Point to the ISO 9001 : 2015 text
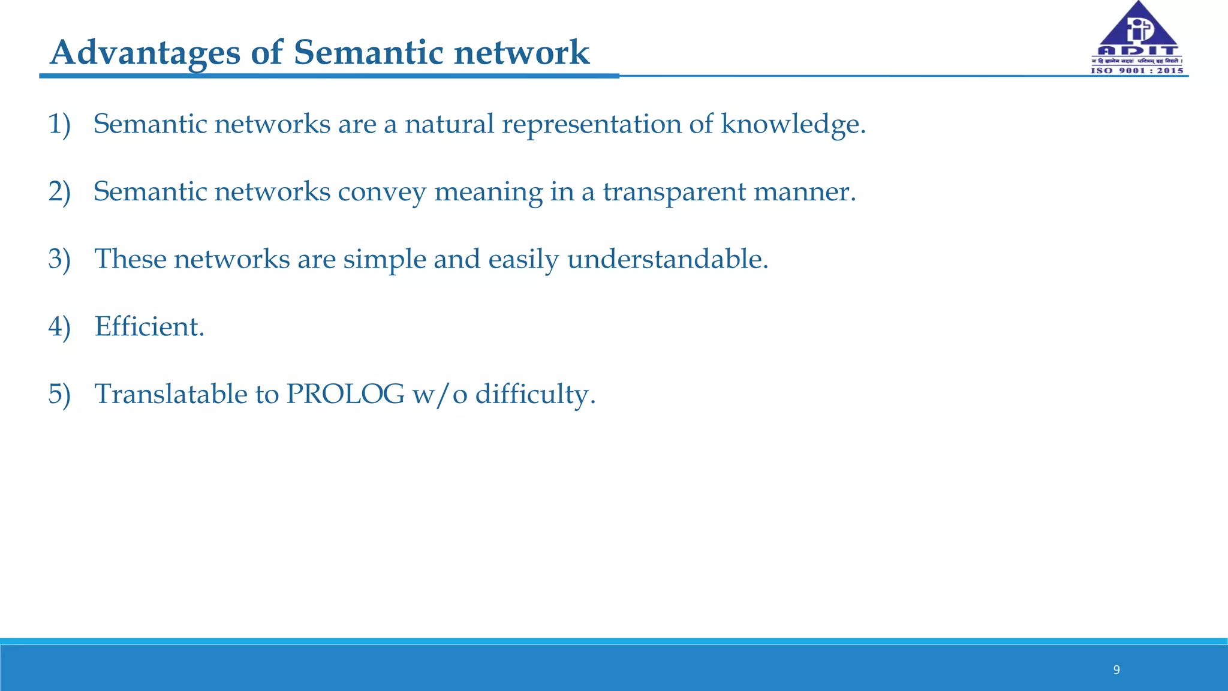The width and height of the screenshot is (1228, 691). tap(1137, 71)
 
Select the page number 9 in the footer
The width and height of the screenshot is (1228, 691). tap(1116, 670)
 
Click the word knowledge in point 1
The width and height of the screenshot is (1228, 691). tap(793, 124)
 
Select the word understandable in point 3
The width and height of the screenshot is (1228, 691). tap(667, 260)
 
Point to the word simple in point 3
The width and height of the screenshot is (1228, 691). tap(384, 260)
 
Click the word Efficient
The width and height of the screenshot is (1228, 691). tap(149, 327)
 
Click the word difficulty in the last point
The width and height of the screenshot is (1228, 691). tap(535, 395)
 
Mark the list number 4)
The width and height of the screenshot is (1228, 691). tap(59, 327)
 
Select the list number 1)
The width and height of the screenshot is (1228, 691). tap(59, 124)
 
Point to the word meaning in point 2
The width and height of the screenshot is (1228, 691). tap(488, 192)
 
